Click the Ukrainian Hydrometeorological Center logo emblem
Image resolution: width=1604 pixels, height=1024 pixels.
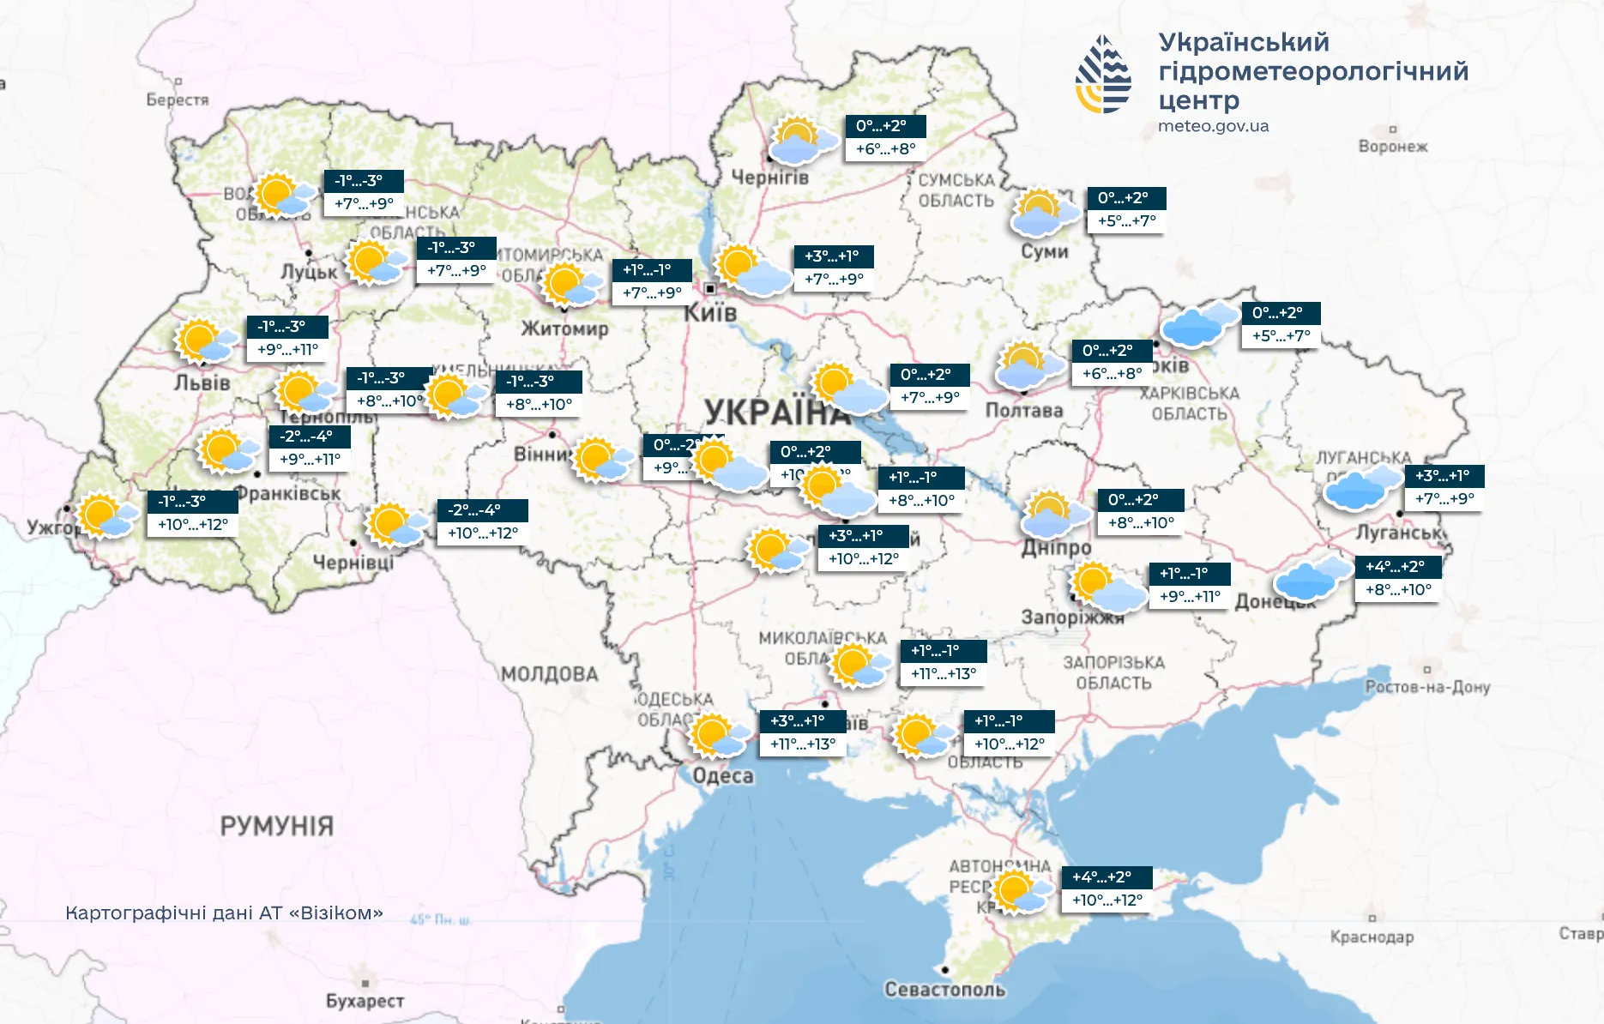1103,75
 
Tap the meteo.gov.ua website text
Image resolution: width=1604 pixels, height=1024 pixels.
1213,126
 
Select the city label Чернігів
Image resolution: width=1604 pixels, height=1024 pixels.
769,178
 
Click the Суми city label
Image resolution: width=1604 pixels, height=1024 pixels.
1044,251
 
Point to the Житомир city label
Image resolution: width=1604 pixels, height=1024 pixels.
564,328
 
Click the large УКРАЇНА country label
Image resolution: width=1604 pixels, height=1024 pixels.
776,413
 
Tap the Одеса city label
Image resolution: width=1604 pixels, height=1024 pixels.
722,776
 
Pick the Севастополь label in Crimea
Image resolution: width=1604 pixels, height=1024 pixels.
944,990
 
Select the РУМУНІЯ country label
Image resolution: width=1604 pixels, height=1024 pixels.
276,826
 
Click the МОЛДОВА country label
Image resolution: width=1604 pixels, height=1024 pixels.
549,674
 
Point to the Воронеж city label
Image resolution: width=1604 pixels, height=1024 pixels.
1392,147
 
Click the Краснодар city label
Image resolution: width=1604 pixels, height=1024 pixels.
1372,937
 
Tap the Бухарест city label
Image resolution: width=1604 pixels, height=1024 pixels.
365,1001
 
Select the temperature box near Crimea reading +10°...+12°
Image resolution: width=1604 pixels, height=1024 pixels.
1107,901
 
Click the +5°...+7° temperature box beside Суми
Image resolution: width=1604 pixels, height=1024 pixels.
1126,221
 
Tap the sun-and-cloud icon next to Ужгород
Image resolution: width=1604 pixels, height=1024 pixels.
107,515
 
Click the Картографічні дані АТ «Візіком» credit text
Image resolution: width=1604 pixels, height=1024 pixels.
224,913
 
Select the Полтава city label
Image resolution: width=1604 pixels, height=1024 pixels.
1023,410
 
